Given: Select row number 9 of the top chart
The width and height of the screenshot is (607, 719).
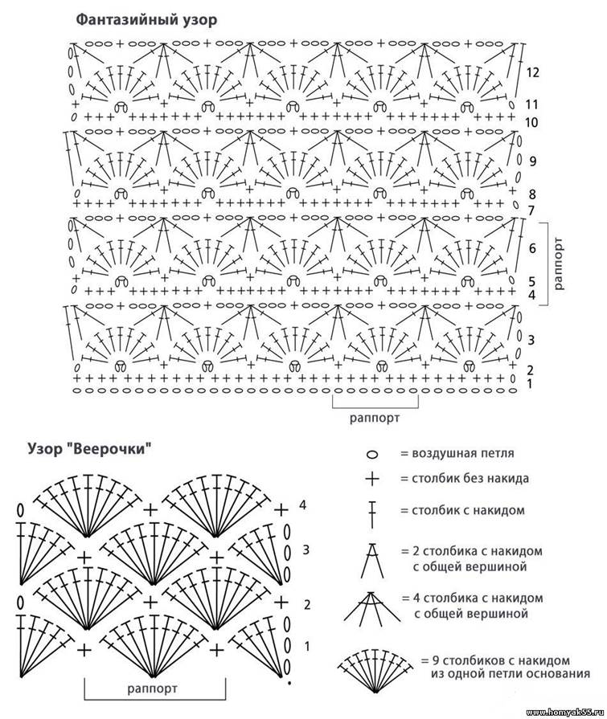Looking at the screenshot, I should tap(532, 161).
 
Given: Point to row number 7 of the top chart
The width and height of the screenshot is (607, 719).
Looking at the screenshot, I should tap(531, 210).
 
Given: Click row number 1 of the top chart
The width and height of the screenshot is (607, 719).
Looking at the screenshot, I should tap(530, 385).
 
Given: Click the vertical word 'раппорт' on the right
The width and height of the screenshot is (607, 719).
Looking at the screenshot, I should tap(559, 263).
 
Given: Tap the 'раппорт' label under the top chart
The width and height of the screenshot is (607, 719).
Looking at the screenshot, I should tap(374, 418).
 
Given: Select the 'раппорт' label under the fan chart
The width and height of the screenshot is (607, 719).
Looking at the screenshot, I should tap(153, 688).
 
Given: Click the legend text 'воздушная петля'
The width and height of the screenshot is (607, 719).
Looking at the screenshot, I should tap(457, 454).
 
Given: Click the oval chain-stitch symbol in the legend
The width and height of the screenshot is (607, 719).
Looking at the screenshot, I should tap(372, 455).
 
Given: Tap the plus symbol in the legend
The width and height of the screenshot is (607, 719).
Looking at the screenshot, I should tap(372, 480).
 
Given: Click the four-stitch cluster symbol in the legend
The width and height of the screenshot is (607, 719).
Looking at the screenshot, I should tap(372, 607).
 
